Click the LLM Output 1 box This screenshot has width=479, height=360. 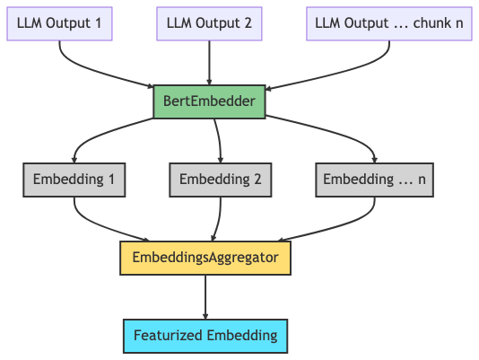59,23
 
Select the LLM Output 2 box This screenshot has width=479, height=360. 209,23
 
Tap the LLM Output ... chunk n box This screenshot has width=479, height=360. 389,23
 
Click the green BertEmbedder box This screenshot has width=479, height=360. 209,101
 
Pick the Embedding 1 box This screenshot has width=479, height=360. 74,180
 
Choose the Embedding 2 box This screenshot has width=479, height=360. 221,180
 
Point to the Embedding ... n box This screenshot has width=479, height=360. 375,180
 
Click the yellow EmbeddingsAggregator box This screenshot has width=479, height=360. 205,258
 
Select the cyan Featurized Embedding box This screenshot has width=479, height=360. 205,336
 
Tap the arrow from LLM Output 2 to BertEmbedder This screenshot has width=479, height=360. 209,63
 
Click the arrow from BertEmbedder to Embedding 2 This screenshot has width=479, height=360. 219,141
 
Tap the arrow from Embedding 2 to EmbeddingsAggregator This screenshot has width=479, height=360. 218,219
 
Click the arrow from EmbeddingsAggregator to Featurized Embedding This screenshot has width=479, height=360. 205,297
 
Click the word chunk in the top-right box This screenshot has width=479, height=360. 428,23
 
